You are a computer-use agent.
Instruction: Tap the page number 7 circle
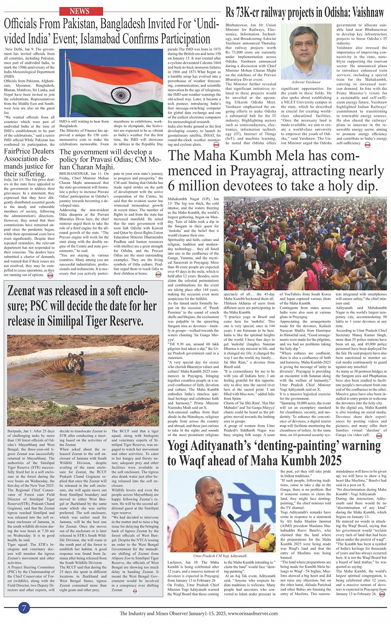coord(24,608)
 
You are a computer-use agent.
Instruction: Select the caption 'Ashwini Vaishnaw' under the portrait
coord(306,82)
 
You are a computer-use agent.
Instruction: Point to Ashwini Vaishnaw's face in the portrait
coord(306,48)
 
